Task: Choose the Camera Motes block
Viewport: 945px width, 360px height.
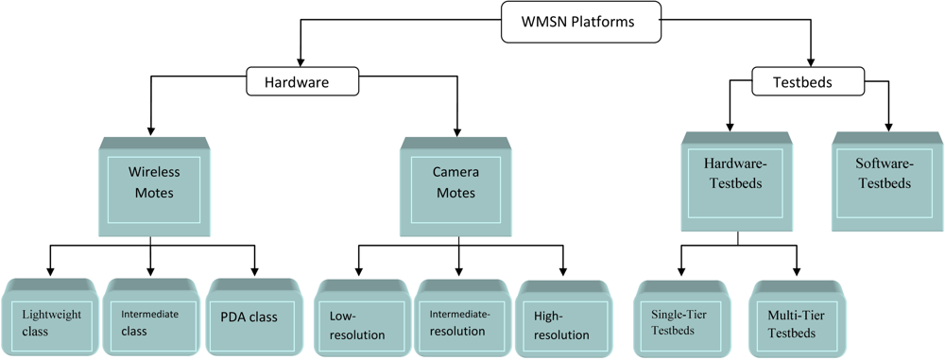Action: [x=456, y=185]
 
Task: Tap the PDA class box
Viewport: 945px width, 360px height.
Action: [x=252, y=317]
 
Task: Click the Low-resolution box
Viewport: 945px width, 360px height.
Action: [x=360, y=320]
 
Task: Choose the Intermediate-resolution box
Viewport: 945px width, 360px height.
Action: [x=460, y=320]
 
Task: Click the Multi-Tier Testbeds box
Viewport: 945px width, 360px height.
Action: [x=796, y=320]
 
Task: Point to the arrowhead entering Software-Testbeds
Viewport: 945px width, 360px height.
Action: [x=888, y=126]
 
